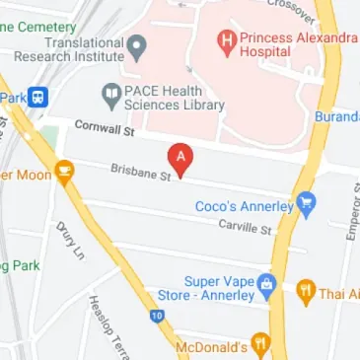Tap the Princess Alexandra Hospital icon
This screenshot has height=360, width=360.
point(226,41)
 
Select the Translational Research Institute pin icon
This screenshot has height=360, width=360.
point(138,45)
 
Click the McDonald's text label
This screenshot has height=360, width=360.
point(210,348)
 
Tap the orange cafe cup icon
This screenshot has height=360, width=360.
point(65,175)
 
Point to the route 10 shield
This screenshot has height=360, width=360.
point(157,317)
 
